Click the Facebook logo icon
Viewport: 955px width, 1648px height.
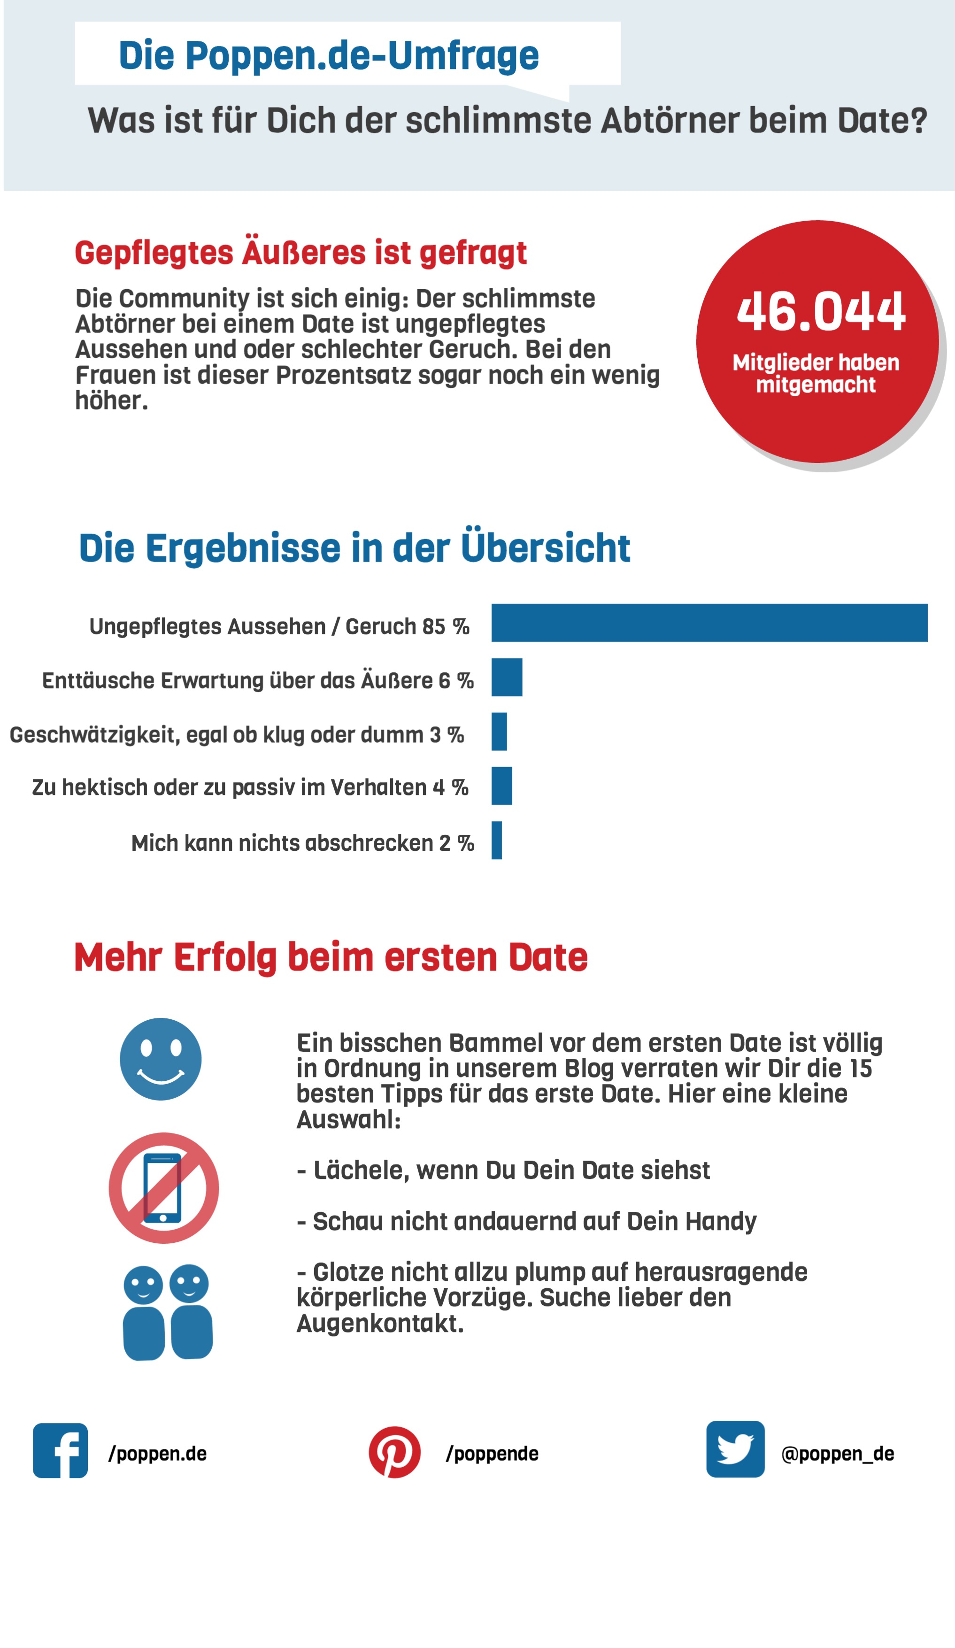[60, 1450]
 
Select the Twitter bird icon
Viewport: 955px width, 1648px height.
[735, 1449]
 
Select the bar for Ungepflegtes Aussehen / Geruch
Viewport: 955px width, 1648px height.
[709, 623]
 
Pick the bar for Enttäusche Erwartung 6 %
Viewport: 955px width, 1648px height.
[507, 677]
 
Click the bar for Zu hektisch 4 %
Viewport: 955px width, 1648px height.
[502, 785]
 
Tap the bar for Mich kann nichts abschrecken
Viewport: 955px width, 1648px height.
[496, 840]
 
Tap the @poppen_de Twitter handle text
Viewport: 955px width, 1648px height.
[837, 1454]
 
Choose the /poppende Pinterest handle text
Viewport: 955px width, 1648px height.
[492, 1454]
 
